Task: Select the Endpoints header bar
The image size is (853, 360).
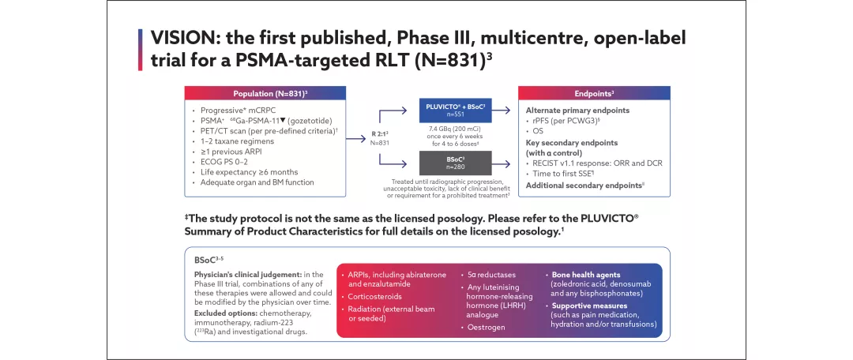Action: [x=595, y=93]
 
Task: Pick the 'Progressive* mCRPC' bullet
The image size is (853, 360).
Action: [x=235, y=110]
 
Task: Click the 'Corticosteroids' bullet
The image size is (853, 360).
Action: [x=378, y=296]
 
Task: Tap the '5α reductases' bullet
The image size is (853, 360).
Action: [x=492, y=275]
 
